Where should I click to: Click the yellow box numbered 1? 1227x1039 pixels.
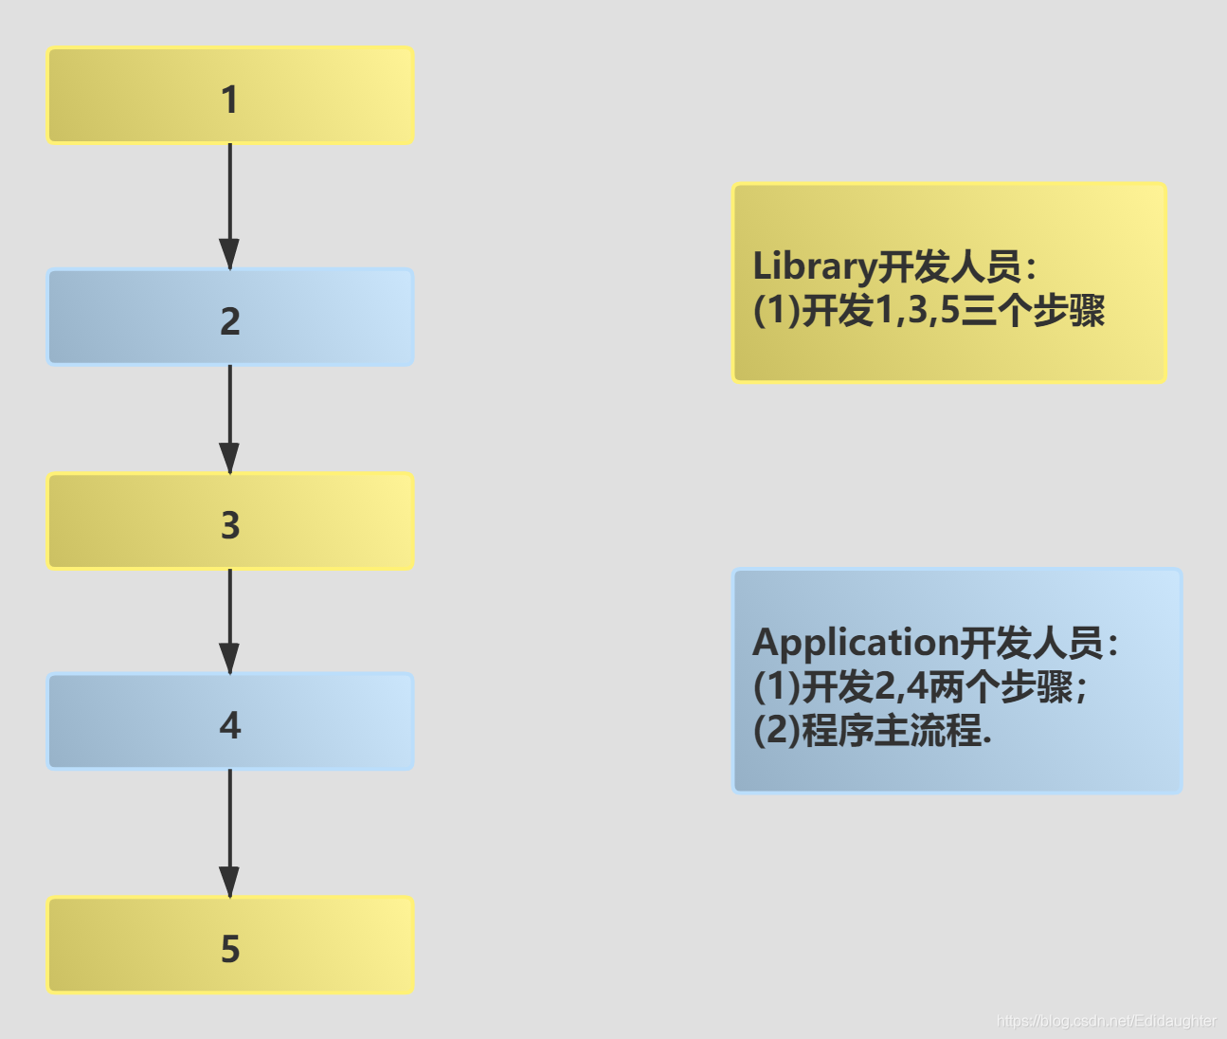pyautogui.click(x=230, y=96)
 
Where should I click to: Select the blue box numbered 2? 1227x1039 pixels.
pyautogui.click(x=230, y=318)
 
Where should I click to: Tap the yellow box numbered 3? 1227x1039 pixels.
pyautogui.click(x=230, y=521)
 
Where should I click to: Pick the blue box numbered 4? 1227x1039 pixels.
pyautogui.click(x=230, y=721)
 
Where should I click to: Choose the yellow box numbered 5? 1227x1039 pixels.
pyautogui.click(x=230, y=945)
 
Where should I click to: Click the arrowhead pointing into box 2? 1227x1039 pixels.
pyautogui.click(x=229, y=254)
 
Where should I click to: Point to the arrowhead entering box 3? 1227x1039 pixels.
pyautogui.click(x=229, y=458)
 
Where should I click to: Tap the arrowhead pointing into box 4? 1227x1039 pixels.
pyautogui.click(x=229, y=658)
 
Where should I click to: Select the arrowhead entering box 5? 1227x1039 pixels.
pyautogui.click(x=229, y=882)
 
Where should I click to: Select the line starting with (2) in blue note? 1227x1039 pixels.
pyautogui.click(x=872, y=730)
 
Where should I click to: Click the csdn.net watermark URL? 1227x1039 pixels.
pyautogui.click(x=1106, y=1021)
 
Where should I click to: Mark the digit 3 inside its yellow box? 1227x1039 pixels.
pyautogui.click(x=230, y=524)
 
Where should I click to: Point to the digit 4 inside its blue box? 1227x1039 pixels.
pyautogui.click(x=230, y=725)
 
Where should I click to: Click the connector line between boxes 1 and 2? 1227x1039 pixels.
pyautogui.click(x=229, y=190)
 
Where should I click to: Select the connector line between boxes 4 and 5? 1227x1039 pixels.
pyautogui.click(x=229, y=815)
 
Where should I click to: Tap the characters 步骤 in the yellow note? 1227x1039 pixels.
pyautogui.click(x=1069, y=311)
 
